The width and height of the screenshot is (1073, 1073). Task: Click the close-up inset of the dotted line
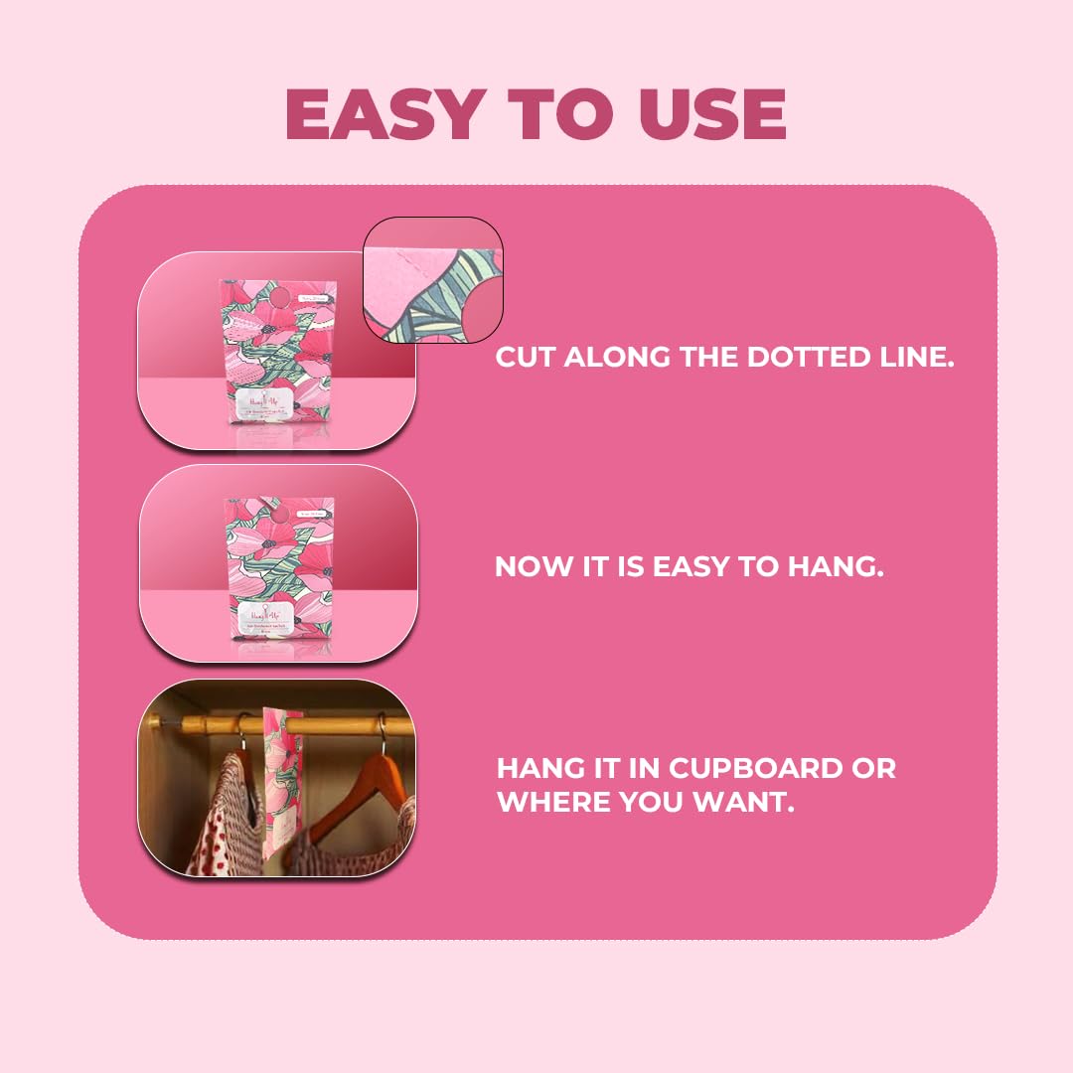coord(433,280)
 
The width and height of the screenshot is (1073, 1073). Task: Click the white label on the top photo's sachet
coord(277,403)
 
